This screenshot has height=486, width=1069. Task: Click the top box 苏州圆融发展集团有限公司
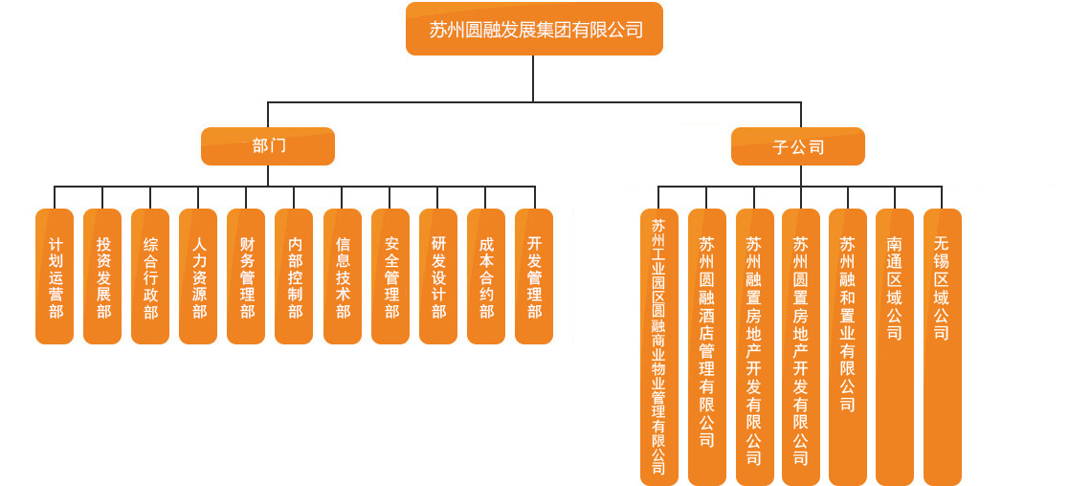point(534,29)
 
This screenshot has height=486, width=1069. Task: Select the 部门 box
point(268,146)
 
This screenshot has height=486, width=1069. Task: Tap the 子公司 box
point(798,147)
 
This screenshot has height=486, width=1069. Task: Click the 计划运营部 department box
point(55,276)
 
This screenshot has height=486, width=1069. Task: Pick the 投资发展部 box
point(102,276)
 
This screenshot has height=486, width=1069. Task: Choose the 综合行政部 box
point(150,276)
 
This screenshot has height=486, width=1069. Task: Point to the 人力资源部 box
point(198,276)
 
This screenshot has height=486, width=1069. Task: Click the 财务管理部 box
point(247,276)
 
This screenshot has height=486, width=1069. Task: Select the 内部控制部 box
point(294,276)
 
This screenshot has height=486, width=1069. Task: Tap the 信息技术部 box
point(343,276)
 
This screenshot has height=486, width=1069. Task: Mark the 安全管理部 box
point(390,276)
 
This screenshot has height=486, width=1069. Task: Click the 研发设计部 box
point(438,276)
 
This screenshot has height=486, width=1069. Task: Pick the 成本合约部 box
point(486,276)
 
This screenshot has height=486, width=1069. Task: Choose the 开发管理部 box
point(534,276)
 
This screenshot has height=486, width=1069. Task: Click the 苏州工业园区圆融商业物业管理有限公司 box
point(658,346)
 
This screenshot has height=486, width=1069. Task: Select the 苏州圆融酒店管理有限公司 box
point(706,346)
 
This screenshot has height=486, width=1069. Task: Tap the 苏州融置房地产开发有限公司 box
point(754,346)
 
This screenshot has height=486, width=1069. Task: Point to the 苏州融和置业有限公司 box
point(847,346)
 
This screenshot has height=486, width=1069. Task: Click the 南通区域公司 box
point(894,346)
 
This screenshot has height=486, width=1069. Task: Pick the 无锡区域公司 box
point(942,346)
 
